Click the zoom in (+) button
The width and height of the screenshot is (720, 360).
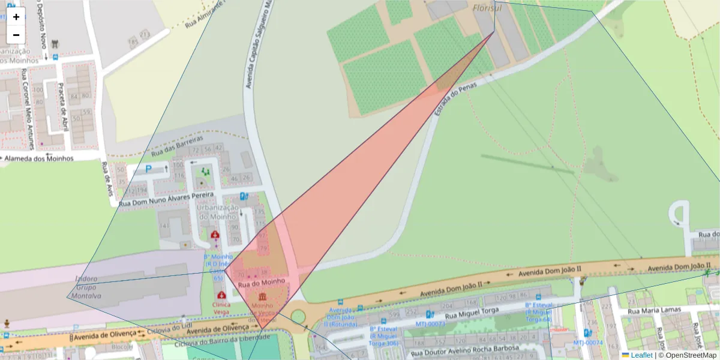pyautogui.click(x=16, y=17)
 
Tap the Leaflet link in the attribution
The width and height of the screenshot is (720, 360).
pyautogui.click(x=641, y=355)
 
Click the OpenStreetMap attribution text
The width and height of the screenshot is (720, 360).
pyautogui.click(x=687, y=355)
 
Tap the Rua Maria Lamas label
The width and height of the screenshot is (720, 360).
pyautogui.click(x=654, y=311)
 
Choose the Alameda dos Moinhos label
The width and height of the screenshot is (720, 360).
pyautogui.click(x=39, y=158)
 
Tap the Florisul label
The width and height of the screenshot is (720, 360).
pyautogui.click(x=486, y=8)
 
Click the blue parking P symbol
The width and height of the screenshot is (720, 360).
pyautogui.click(x=148, y=170)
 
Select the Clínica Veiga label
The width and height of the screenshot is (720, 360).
pyautogui.click(x=221, y=308)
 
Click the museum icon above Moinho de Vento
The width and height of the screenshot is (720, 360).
pyautogui.click(x=263, y=298)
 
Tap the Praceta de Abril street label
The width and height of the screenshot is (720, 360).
pyautogui.click(x=62, y=106)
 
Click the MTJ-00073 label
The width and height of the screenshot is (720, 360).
pyautogui.click(x=431, y=324)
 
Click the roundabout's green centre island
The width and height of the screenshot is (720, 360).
pyautogui.click(x=298, y=316)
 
